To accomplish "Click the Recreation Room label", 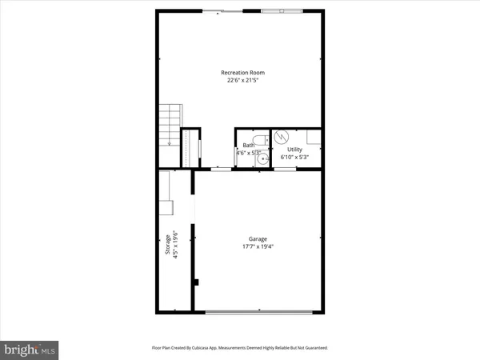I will [x=242, y=73].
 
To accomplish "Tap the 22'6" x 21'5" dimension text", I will [x=242, y=81].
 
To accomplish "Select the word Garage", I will [x=258, y=238].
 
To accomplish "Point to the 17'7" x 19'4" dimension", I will [x=258, y=246].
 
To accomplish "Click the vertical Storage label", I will [x=167, y=245].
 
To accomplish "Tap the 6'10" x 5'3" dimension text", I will [x=294, y=158].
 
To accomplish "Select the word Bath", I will [x=248, y=146].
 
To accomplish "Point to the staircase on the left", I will [x=170, y=125].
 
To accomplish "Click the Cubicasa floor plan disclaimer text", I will [x=240, y=348].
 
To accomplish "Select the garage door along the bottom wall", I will [x=258, y=310].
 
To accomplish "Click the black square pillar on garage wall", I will [x=194, y=282].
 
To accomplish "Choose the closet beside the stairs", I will [x=190, y=149].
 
